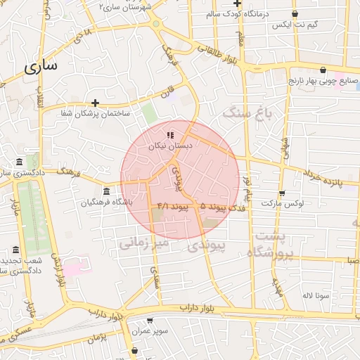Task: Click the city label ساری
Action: [x=40, y=67]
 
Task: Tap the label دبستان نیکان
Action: [x=169, y=147]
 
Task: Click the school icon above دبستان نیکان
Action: [x=169, y=135]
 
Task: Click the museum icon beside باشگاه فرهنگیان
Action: [x=106, y=191]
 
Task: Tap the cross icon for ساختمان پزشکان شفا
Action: [x=95, y=103]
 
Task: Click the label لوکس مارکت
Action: [x=283, y=204]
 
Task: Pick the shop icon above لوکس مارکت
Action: [x=283, y=192]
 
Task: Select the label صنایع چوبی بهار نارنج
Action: [x=323, y=82]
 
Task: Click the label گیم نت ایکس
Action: [x=295, y=25]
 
